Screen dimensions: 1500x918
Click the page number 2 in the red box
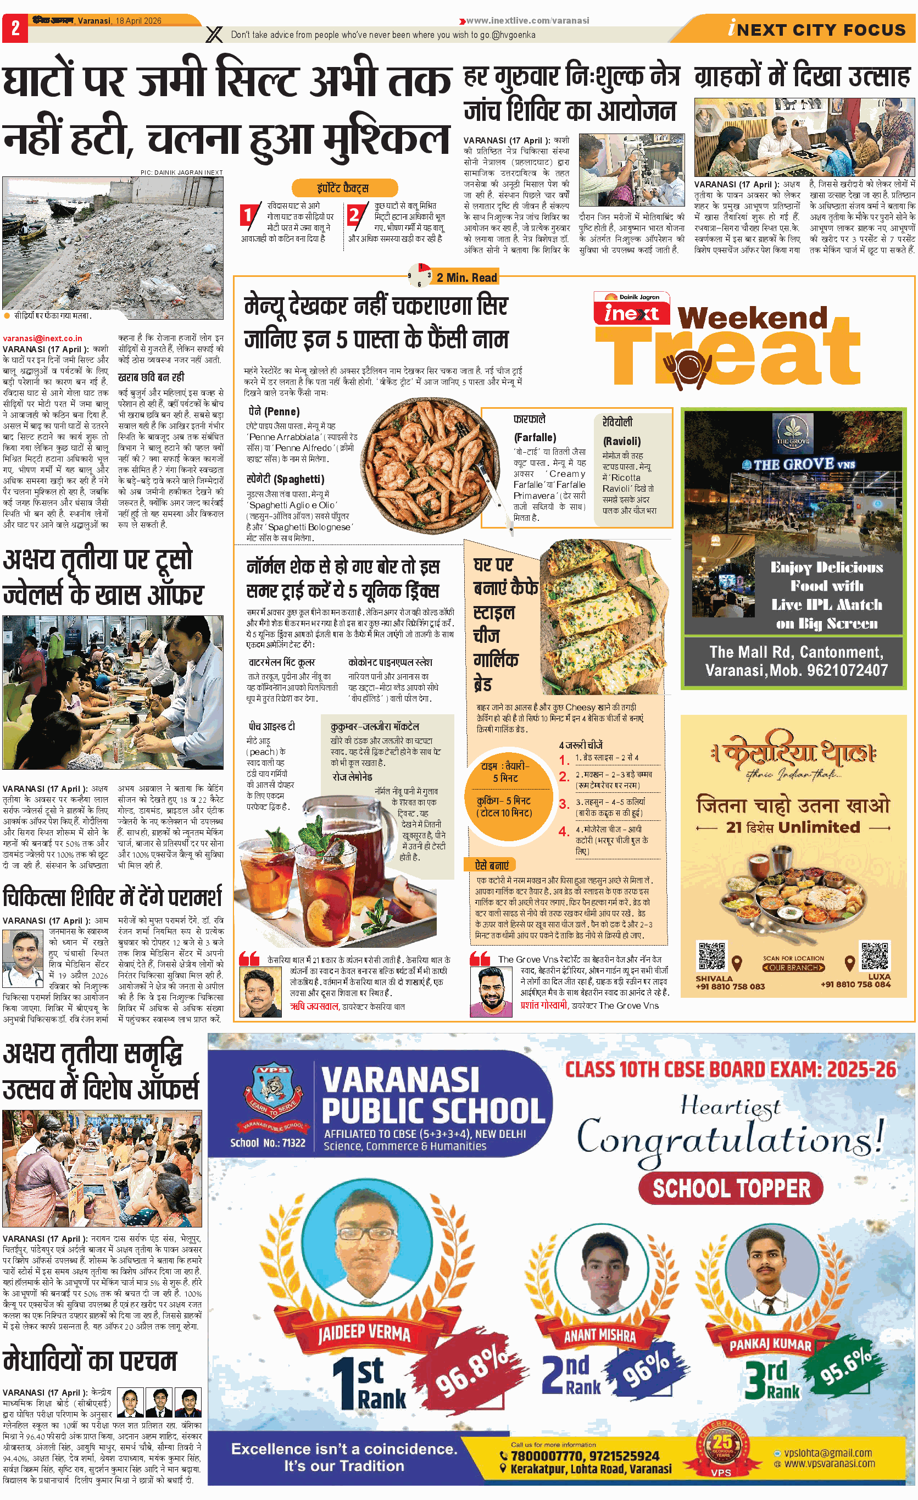coord(15,29)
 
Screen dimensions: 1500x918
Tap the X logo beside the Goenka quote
coord(214,35)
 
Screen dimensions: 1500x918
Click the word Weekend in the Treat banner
coord(753,318)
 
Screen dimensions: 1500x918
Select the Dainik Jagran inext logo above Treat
coord(631,308)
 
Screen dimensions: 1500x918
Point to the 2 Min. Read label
coord(466,277)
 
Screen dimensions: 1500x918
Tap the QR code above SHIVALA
coord(712,955)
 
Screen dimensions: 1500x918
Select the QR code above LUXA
coord(874,955)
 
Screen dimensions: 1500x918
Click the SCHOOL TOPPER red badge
coord(731,1188)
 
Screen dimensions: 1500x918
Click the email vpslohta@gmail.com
coord(827,1453)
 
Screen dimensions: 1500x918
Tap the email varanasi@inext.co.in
coord(43,338)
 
